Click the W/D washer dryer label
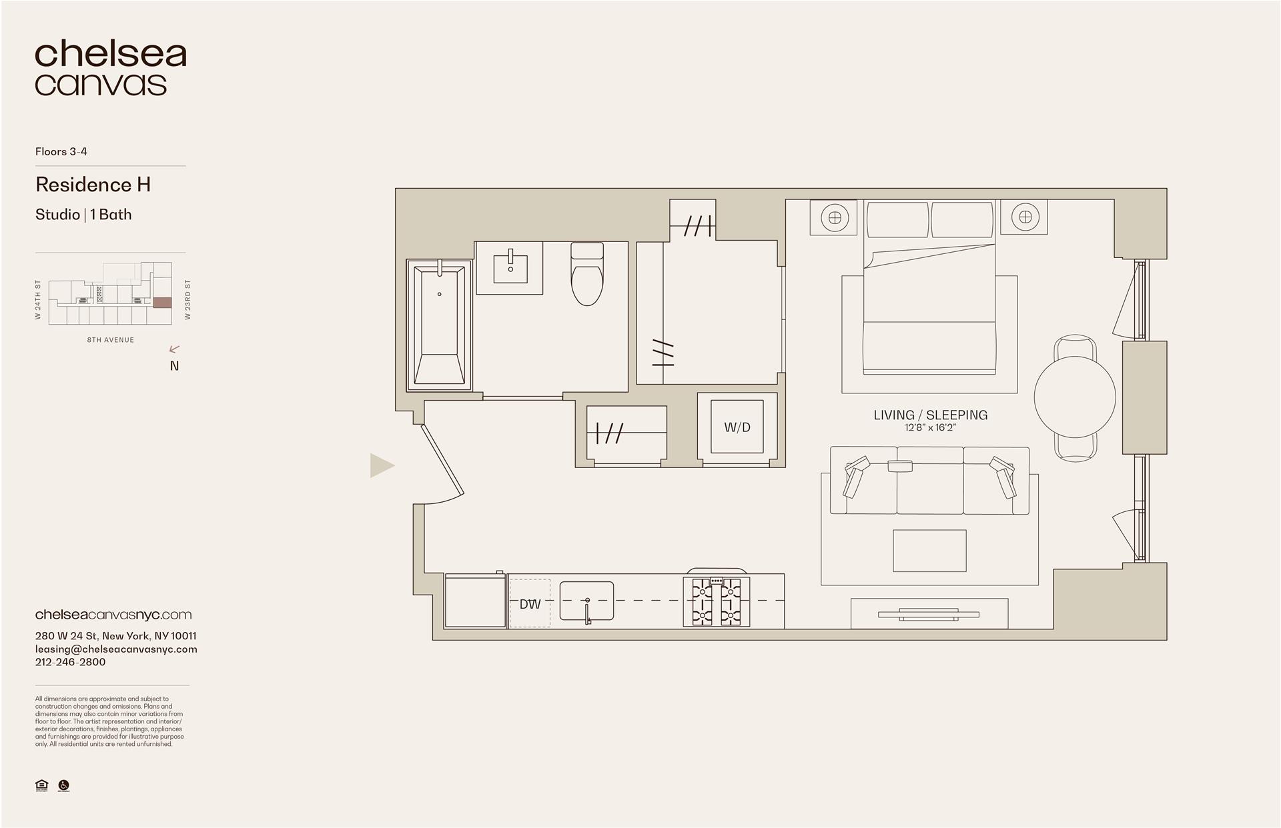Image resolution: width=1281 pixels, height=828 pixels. point(737,427)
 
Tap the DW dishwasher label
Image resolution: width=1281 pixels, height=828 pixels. point(530,604)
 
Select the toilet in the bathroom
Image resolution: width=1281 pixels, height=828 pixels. point(587,275)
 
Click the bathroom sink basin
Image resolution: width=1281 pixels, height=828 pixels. point(510,269)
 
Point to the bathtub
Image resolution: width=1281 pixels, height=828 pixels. point(439,325)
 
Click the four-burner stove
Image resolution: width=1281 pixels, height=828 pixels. point(717,602)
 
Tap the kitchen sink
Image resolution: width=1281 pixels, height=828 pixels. point(586,601)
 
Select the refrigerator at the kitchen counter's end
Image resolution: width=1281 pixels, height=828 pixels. point(475,601)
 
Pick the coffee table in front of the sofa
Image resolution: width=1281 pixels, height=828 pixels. point(929,551)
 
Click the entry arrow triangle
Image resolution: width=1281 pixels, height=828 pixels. point(381,465)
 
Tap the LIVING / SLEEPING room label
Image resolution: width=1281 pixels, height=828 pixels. point(930,415)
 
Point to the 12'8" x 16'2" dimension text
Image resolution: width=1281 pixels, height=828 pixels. point(930,428)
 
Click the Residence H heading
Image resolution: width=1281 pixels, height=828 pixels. point(93,185)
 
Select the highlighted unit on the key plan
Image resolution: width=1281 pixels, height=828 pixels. point(162,303)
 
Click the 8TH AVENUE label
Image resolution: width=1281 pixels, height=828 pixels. point(111,340)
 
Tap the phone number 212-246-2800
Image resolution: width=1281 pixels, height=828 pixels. point(70,662)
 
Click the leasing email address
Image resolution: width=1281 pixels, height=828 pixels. point(116,649)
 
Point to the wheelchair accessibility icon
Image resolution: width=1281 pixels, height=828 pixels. point(64,785)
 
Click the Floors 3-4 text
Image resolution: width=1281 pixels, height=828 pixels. point(61,151)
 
